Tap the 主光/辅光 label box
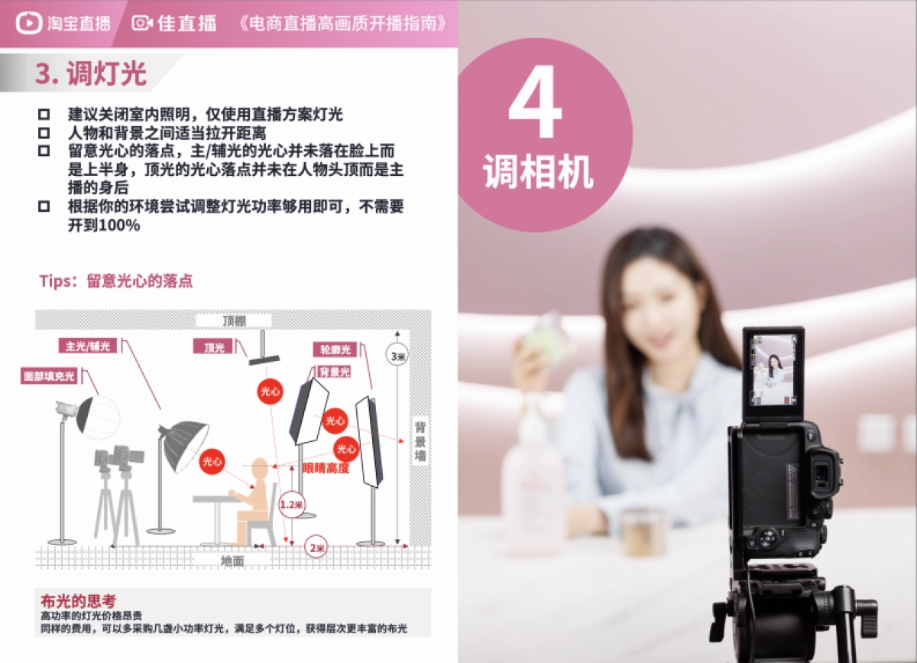click(x=88, y=346)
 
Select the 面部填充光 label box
click(x=49, y=375)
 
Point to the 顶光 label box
click(x=214, y=347)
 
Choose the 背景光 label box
click(x=335, y=372)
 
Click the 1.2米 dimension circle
click(x=291, y=505)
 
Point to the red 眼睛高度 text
click(x=326, y=468)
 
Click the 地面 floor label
click(x=232, y=561)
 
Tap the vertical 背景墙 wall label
click(x=420, y=441)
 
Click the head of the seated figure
click(x=261, y=467)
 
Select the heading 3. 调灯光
click(x=90, y=73)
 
